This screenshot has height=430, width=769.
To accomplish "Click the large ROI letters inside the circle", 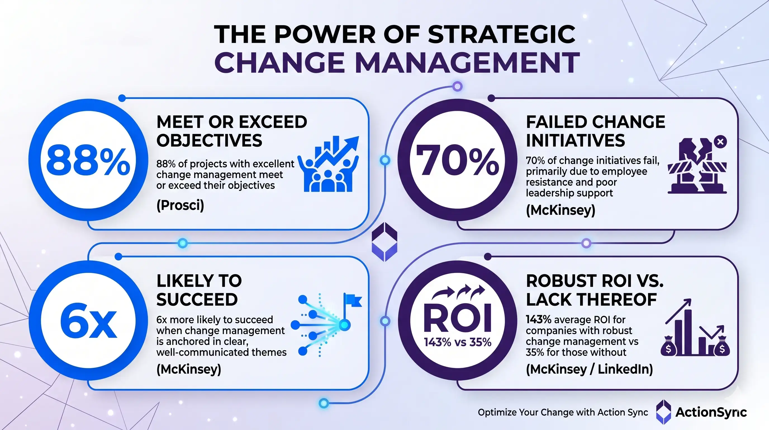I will pos(457,319).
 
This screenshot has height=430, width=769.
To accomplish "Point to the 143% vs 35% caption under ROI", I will pos(457,342).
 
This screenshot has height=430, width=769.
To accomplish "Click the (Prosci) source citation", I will pos(180,205).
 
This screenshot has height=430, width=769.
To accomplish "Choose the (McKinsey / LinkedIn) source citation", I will pos(589,369).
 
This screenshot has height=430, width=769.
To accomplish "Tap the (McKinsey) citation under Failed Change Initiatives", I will pos(560,210).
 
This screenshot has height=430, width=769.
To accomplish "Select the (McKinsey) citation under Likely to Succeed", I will pos(189,369).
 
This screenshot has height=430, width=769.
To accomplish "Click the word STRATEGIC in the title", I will pos(502,34).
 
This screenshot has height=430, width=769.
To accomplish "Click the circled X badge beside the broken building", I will pos(720,141).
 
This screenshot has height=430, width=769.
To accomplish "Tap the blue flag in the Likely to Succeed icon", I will pos(353,300).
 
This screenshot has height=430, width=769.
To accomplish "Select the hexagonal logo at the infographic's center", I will pos(385,242).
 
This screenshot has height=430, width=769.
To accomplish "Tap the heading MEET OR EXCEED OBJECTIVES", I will pos(232,131).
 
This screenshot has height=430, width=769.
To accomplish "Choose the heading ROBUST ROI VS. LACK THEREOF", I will pos(594,290).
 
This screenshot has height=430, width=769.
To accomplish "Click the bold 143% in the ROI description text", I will pos(538,320).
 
